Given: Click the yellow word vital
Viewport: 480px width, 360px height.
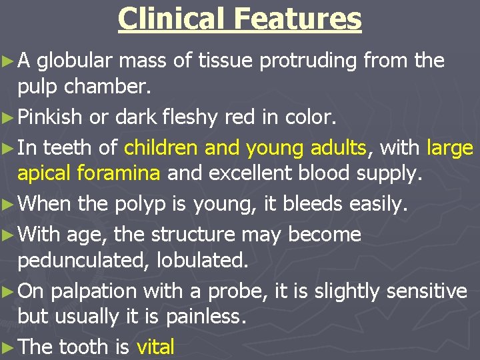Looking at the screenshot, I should [x=155, y=347].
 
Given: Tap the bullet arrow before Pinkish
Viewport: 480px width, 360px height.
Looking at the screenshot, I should [x=9, y=118].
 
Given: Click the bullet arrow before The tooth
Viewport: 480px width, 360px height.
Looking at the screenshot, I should [x=9, y=347].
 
